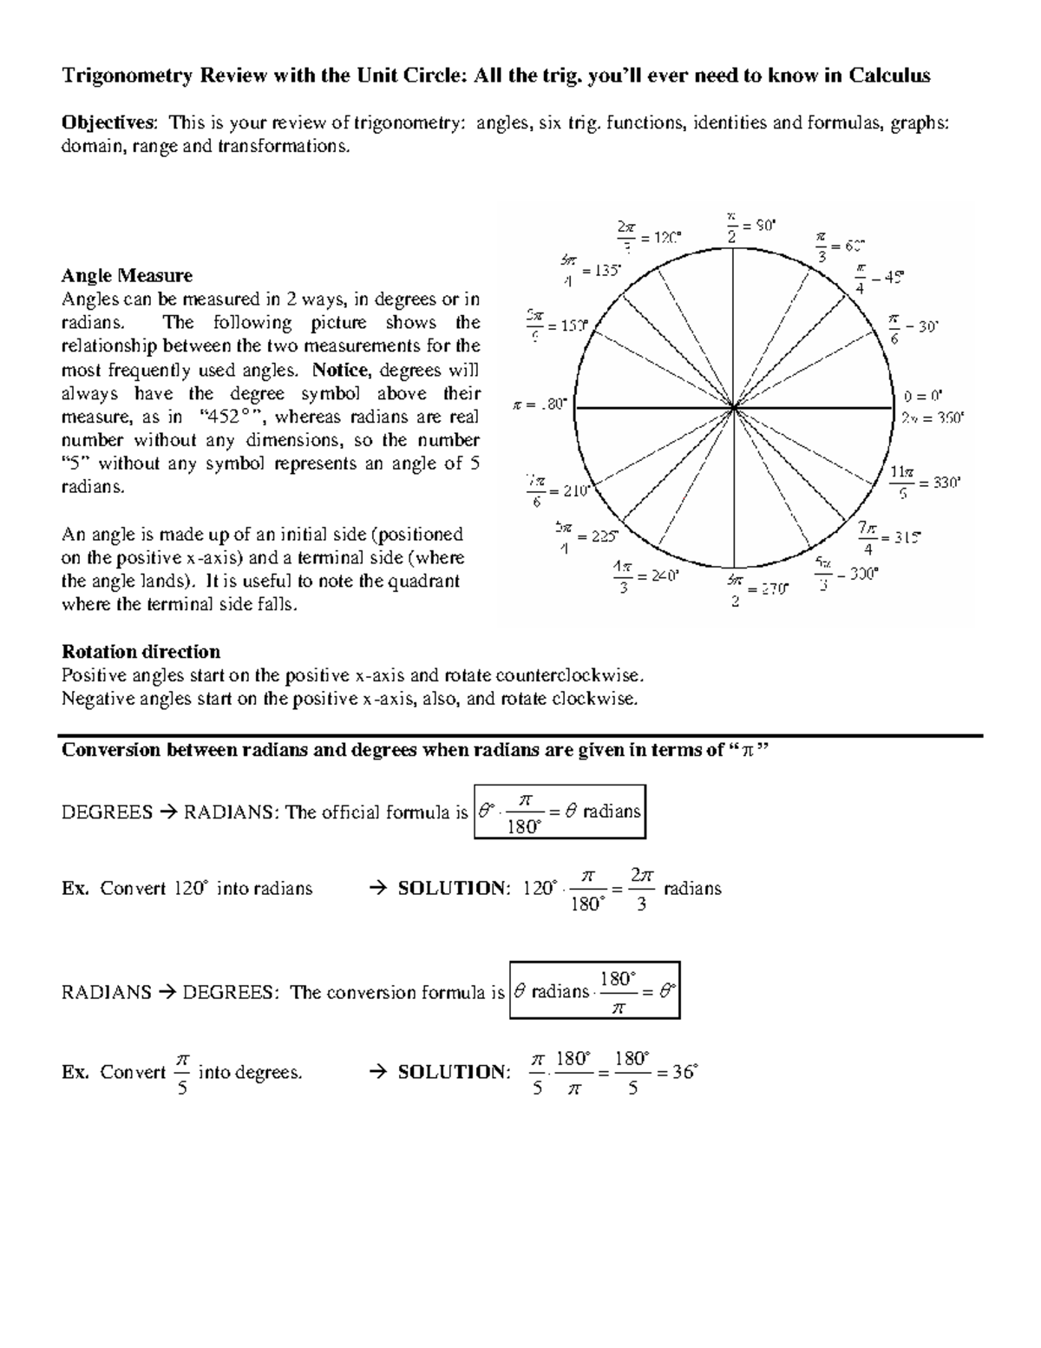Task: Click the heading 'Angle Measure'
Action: tap(127, 276)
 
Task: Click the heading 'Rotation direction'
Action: tap(141, 652)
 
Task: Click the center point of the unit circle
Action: tap(735, 406)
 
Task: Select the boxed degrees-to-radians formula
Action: tap(560, 812)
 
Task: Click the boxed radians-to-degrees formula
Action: tap(595, 990)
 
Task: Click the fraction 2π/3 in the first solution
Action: tap(642, 890)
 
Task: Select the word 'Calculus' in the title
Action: tap(889, 76)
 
